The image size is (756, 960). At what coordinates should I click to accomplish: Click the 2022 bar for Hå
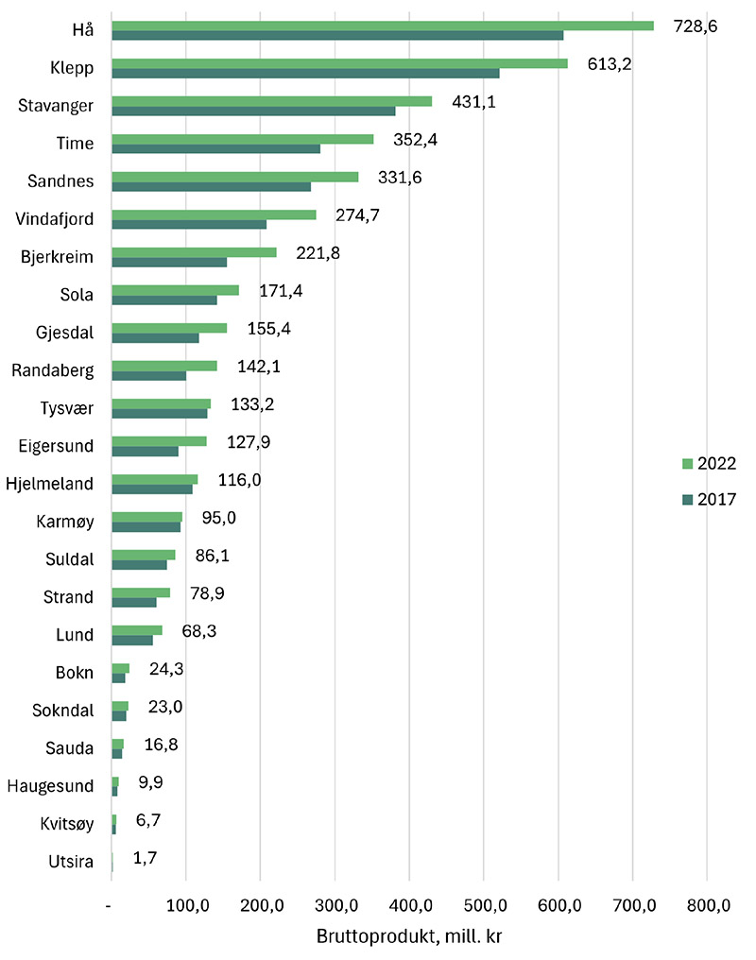tap(383, 26)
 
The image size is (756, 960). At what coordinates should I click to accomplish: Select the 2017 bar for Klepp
tap(305, 73)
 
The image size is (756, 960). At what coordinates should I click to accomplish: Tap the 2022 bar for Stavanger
tap(271, 101)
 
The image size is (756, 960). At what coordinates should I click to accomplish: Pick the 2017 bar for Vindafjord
tap(189, 224)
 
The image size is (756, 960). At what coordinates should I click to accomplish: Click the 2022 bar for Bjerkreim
tap(194, 252)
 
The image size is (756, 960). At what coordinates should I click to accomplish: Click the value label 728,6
tap(695, 27)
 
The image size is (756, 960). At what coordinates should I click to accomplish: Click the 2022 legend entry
tap(709, 463)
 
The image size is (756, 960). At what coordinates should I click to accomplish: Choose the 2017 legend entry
tap(709, 499)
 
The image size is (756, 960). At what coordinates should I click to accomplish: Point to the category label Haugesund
tap(50, 786)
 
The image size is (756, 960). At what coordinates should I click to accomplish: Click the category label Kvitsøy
tap(63, 824)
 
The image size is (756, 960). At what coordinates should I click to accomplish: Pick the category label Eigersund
tap(56, 446)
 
